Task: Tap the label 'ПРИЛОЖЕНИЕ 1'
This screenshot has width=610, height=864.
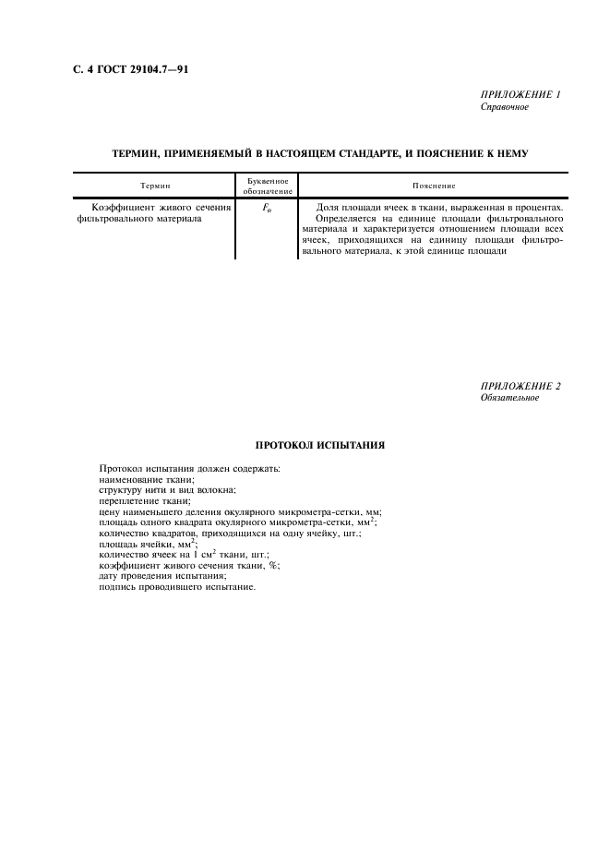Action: pyautogui.click(x=520, y=95)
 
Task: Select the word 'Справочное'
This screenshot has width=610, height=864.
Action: pyautogui.click(x=504, y=107)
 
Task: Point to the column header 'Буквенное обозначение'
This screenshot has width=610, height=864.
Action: pyautogui.click(x=268, y=186)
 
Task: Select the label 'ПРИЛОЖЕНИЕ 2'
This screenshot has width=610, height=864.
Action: pyautogui.click(x=520, y=386)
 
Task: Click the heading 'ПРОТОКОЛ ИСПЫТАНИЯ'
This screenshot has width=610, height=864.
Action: pyautogui.click(x=320, y=445)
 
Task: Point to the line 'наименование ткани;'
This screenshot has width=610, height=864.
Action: pyautogui.click(x=146, y=480)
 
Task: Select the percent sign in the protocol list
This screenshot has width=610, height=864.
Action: pyautogui.click(x=273, y=565)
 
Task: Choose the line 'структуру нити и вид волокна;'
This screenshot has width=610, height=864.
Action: pyautogui.click(x=166, y=490)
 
